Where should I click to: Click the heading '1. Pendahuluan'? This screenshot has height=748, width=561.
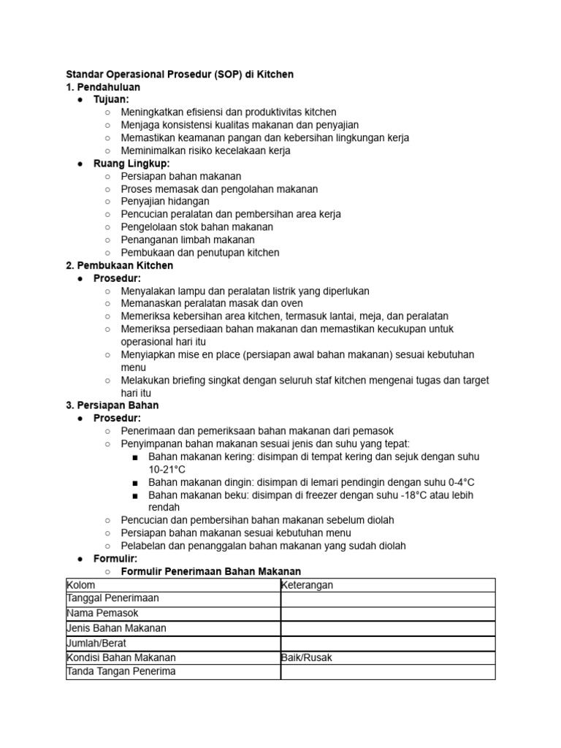103,87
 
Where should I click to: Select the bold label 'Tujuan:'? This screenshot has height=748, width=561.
111,99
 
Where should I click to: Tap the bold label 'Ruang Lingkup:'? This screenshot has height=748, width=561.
131,164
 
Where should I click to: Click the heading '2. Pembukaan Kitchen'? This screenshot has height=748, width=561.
120,265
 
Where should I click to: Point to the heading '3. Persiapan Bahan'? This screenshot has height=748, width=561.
112,405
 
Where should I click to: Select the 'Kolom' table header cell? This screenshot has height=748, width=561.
81,585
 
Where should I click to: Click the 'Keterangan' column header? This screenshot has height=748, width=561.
308,585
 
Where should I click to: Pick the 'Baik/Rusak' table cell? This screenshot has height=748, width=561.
307,657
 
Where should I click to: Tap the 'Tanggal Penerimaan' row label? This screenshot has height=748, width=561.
113,598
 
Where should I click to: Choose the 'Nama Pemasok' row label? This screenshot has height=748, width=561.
102,613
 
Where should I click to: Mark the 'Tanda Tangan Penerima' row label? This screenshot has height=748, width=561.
121,671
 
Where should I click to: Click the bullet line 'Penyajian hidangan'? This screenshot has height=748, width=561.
165,202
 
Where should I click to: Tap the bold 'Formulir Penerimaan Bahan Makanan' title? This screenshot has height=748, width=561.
211,571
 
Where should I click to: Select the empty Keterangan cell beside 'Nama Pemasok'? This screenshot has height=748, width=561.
387,614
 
